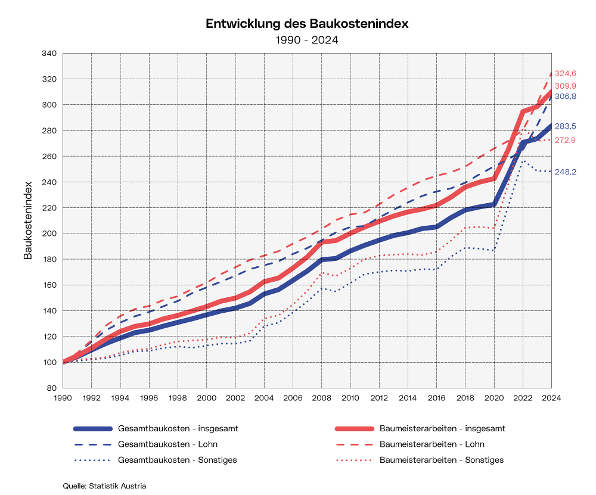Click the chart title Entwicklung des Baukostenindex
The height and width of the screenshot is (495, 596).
(x=307, y=24)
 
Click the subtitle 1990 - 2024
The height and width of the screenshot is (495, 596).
(x=307, y=40)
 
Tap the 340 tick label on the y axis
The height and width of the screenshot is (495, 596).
(x=49, y=54)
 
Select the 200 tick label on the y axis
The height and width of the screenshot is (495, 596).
(x=49, y=234)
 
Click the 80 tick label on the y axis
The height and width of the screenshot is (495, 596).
(x=52, y=388)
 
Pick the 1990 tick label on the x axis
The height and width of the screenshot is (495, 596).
(x=63, y=397)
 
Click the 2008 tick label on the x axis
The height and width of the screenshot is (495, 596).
(x=322, y=397)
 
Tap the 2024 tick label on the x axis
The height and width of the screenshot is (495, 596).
(x=551, y=397)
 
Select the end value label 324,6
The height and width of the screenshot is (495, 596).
(x=566, y=74)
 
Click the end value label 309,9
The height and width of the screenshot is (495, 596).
(x=566, y=86)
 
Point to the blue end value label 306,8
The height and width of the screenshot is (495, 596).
(x=566, y=96)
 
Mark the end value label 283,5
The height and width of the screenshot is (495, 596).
(x=566, y=126)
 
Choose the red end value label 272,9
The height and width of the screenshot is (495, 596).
(x=566, y=140)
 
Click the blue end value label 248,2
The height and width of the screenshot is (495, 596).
(x=566, y=172)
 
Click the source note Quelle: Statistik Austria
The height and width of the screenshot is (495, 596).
(x=104, y=485)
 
